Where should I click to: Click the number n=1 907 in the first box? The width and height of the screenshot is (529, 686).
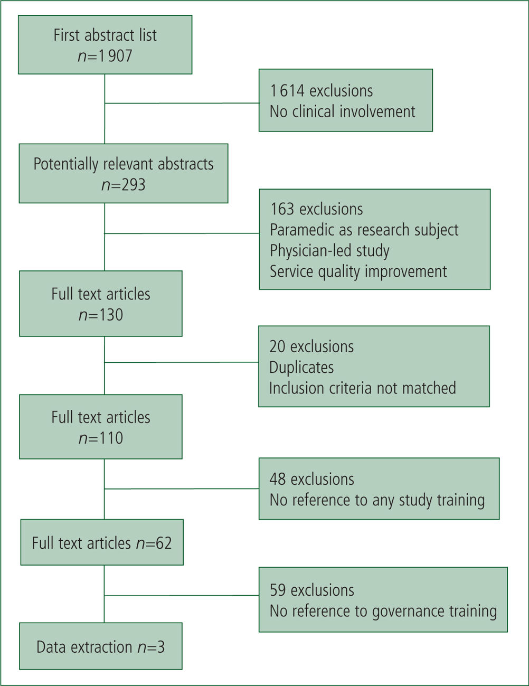105,56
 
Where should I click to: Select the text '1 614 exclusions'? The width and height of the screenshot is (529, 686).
322,91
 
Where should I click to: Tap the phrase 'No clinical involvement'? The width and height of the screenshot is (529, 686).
343,111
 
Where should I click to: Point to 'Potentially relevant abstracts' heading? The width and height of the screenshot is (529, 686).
124,164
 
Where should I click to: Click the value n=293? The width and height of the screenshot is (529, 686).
124,185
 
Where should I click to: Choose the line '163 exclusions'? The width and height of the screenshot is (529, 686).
317,209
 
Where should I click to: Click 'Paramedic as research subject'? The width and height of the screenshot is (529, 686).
364,230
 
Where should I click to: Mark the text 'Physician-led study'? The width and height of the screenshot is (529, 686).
329,251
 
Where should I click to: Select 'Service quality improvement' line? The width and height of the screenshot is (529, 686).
358,271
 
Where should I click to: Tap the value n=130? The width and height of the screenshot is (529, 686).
101,315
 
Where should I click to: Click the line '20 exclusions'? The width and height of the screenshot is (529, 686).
311,346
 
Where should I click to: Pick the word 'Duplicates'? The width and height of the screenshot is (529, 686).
301,368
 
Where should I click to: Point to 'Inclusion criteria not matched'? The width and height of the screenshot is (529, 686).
363,388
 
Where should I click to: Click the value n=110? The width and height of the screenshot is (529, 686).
101,438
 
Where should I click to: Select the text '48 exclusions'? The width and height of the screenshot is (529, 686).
312,479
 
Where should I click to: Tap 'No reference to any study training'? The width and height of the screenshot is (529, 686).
377,500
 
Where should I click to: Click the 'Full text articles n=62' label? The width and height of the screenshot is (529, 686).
102,543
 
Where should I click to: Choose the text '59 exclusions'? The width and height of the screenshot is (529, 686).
312,590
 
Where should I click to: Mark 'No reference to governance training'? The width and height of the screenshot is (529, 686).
384,611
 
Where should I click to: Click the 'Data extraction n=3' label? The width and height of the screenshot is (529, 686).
101,647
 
